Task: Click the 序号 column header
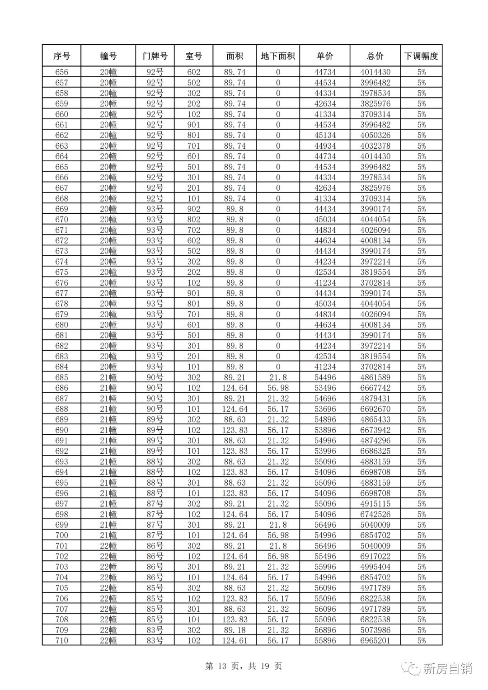click(x=61, y=56)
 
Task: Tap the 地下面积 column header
click(x=278, y=56)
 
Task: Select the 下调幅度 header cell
click(x=421, y=56)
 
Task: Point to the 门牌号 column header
click(x=155, y=56)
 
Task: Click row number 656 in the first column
click(x=61, y=72)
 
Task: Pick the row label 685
click(x=61, y=377)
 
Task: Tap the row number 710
click(x=61, y=640)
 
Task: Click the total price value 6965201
click(x=375, y=640)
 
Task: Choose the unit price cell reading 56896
click(x=325, y=630)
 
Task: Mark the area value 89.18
click(x=235, y=630)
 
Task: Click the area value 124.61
click(x=235, y=640)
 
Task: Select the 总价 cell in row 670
click(x=375, y=220)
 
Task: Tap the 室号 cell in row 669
click(x=193, y=209)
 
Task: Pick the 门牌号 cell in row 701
click(x=155, y=546)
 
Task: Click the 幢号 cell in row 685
click(x=108, y=377)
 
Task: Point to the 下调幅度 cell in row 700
click(x=421, y=535)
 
